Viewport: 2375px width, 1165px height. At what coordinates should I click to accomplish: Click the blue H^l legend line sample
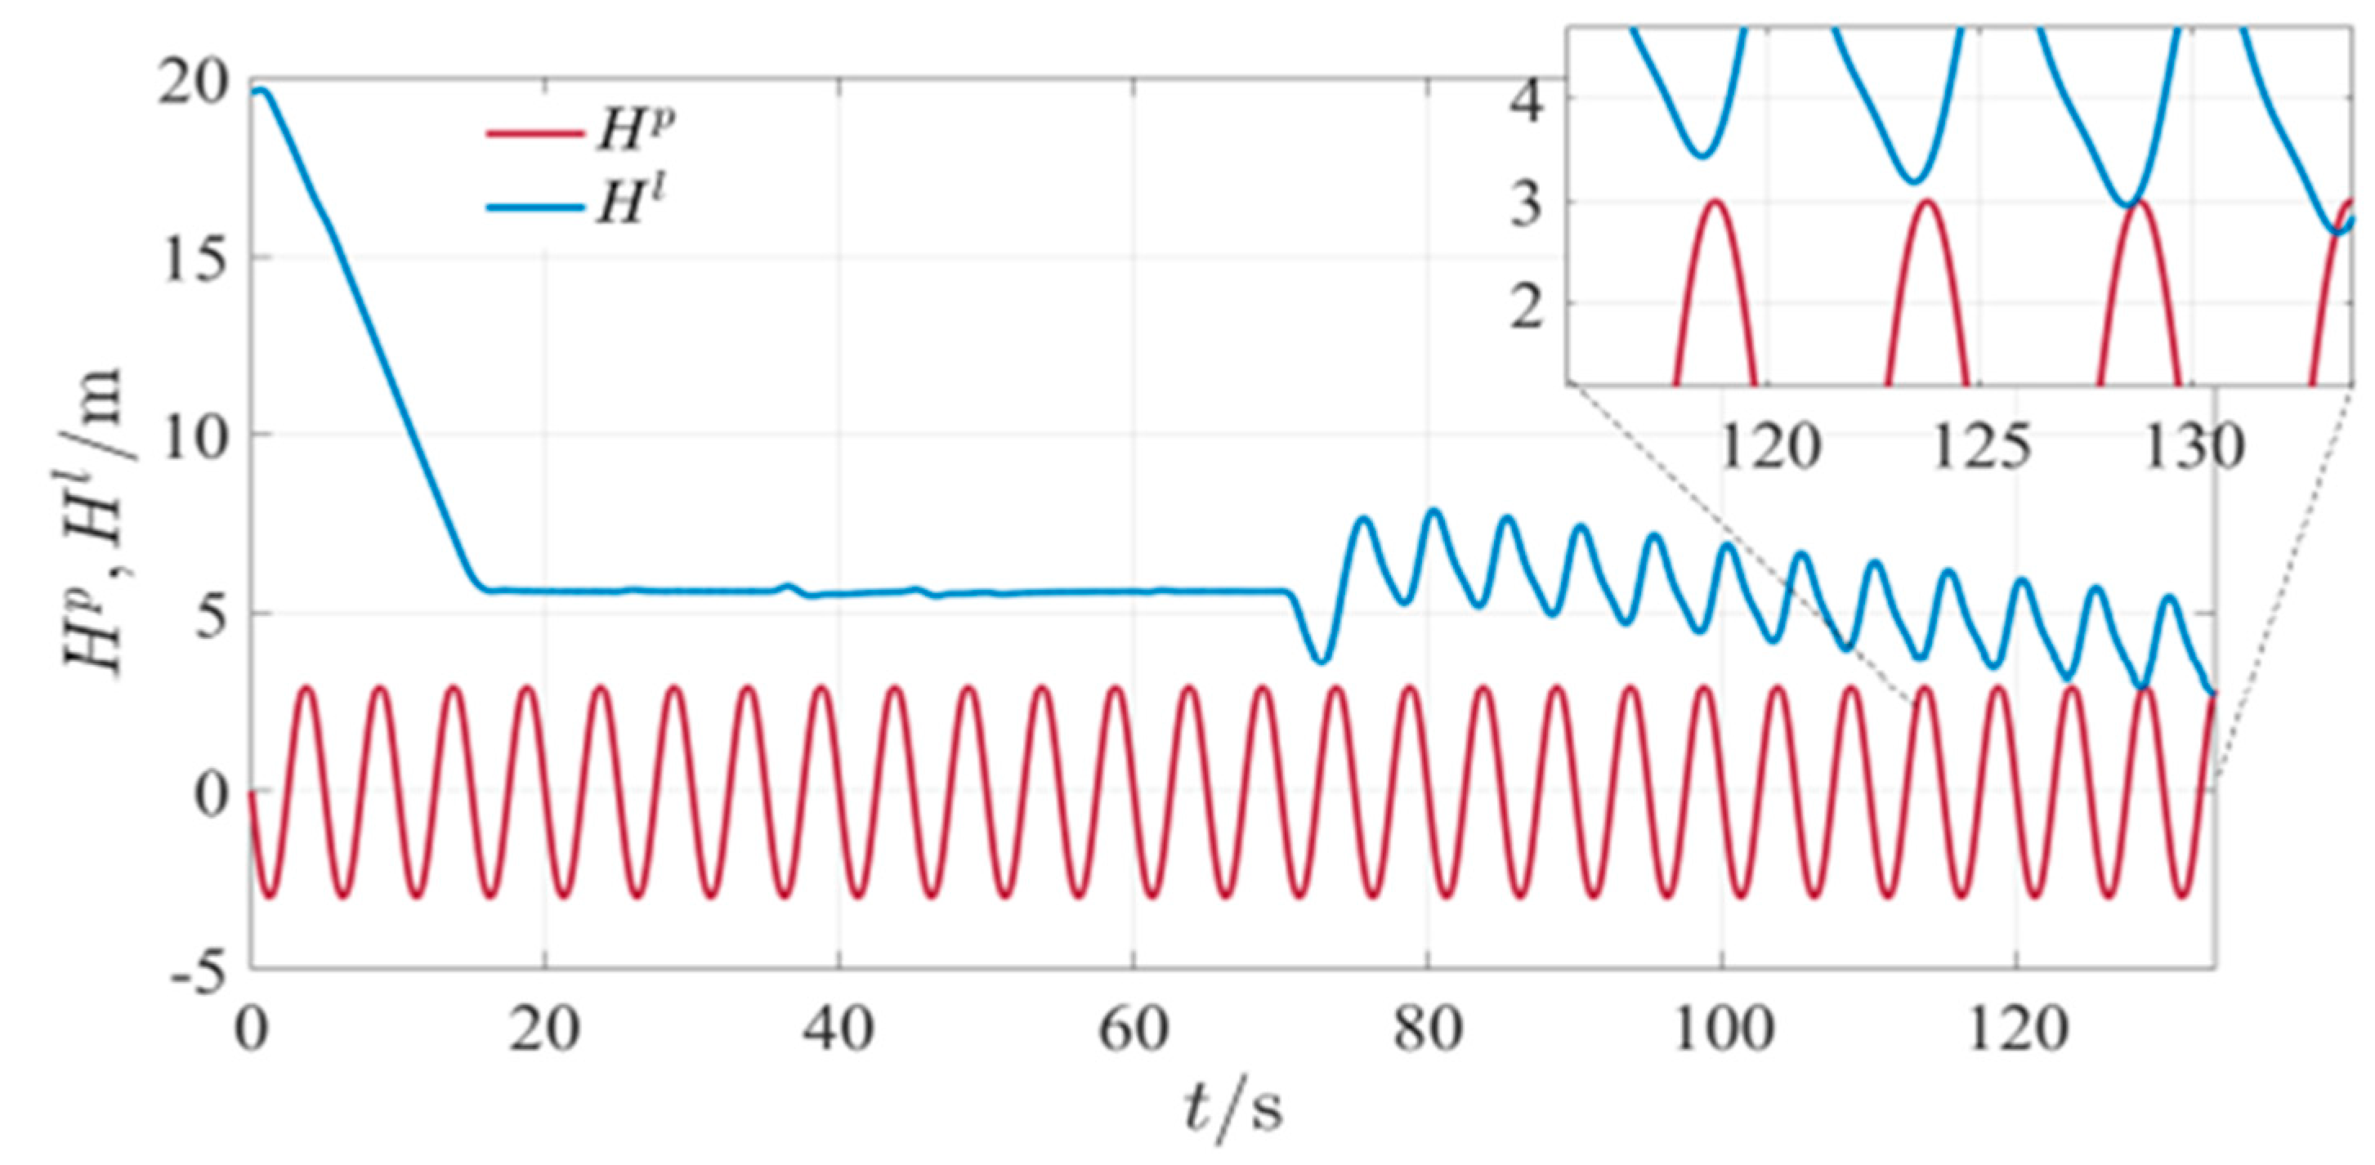534,207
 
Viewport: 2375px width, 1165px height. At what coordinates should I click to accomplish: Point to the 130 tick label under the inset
2193,449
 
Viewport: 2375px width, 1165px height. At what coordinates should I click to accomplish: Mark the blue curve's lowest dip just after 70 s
1322,661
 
